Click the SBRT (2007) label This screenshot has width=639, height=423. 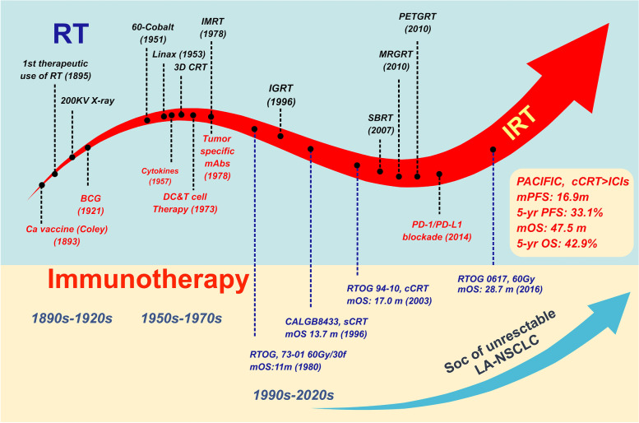point(379,123)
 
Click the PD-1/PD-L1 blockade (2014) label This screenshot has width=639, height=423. point(451,228)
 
